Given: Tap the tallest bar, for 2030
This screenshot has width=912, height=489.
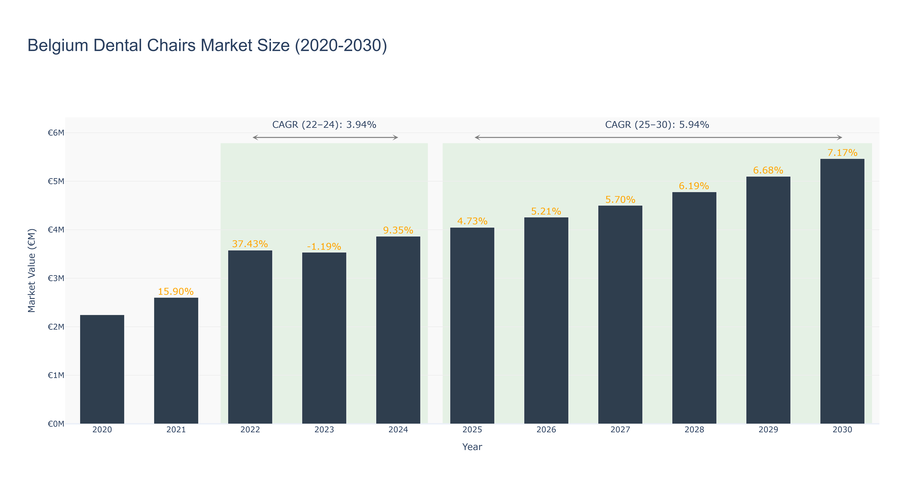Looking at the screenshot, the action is pyautogui.click(x=842, y=291).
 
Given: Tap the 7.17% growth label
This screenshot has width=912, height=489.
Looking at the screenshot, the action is pyautogui.click(x=842, y=153).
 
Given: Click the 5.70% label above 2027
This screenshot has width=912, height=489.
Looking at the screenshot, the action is pyautogui.click(x=620, y=200).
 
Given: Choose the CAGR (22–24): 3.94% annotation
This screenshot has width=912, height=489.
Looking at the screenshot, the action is pyautogui.click(x=324, y=125).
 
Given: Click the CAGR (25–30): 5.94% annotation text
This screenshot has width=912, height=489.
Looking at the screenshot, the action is pyautogui.click(x=657, y=125).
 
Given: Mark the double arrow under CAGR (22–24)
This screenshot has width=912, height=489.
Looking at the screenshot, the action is pyautogui.click(x=325, y=137).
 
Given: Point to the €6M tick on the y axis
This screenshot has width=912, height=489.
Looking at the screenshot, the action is pyautogui.click(x=56, y=133).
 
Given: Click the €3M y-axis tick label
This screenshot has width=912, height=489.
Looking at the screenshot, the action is pyautogui.click(x=56, y=278).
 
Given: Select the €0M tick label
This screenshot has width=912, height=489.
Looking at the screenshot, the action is pyautogui.click(x=56, y=424).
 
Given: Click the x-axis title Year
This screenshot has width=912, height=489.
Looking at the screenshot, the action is pyautogui.click(x=472, y=447).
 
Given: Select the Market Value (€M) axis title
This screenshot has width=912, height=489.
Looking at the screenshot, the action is pyautogui.click(x=32, y=270).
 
